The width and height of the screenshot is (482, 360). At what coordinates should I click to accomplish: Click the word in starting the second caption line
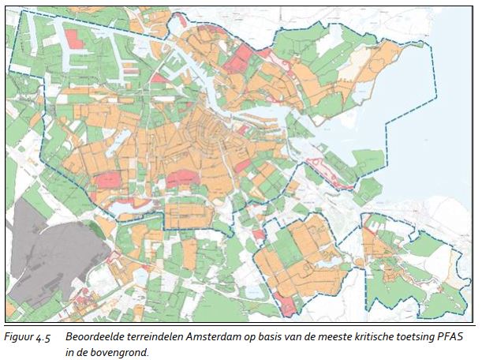[70, 351]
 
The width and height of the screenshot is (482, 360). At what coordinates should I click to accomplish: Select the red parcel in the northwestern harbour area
[77, 37]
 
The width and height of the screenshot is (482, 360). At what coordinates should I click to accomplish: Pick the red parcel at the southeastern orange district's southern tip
[290, 304]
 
